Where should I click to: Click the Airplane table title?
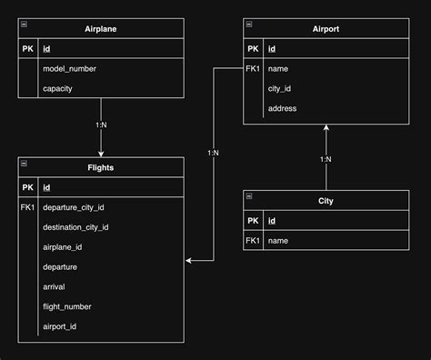point(100,28)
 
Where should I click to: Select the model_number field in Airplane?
point(70,68)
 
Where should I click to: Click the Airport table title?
point(325,28)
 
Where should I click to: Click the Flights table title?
point(100,167)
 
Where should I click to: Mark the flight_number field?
point(67,306)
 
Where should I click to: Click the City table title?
point(325,200)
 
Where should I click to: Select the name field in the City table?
point(279,241)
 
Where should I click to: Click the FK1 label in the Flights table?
point(27,207)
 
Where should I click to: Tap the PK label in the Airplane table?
point(27,48)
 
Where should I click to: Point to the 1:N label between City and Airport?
point(325,159)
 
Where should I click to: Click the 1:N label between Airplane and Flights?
point(100,125)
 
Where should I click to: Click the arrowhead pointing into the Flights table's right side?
point(190,261)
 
